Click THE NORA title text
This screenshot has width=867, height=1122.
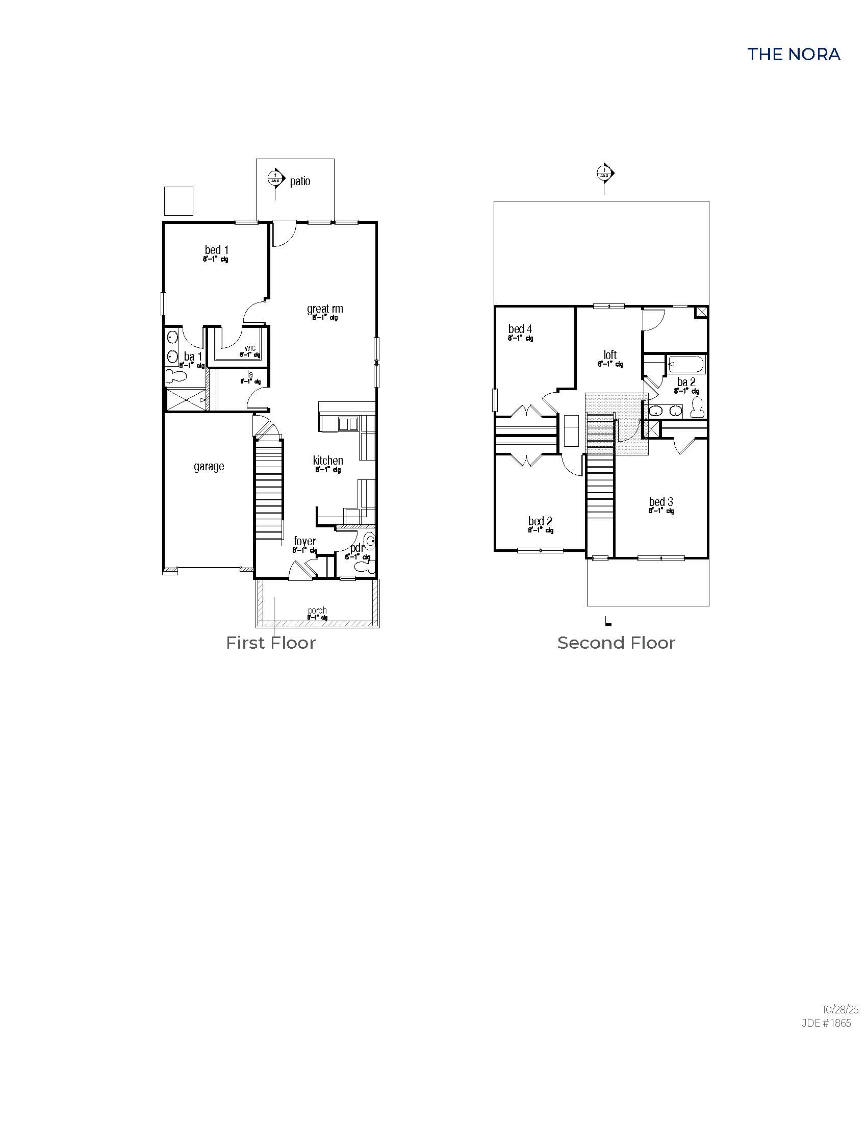click(x=794, y=55)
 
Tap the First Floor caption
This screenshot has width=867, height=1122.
click(x=271, y=643)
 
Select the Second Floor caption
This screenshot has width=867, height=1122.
click(x=616, y=643)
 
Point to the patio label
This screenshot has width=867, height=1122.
click(x=300, y=182)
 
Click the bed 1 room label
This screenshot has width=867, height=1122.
click(x=216, y=250)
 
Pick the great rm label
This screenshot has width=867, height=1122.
click(x=324, y=309)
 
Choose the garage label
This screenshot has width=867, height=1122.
click(x=209, y=467)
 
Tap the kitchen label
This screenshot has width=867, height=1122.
click(x=328, y=461)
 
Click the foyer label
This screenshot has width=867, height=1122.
click(x=304, y=541)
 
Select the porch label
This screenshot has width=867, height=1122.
click(x=317, y=611)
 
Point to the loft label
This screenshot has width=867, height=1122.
click(x=610, y=355)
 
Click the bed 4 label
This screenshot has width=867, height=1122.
click(x=520, y=329)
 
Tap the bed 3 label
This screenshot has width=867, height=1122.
click(x=660, y=502)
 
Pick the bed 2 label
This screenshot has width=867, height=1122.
click(x=540, y=521)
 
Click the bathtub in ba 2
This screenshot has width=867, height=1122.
click(x=687, y=365)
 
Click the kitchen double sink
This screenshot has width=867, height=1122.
click(x=348, y=424)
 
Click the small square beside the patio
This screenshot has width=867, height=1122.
click(x=178, y=201)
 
